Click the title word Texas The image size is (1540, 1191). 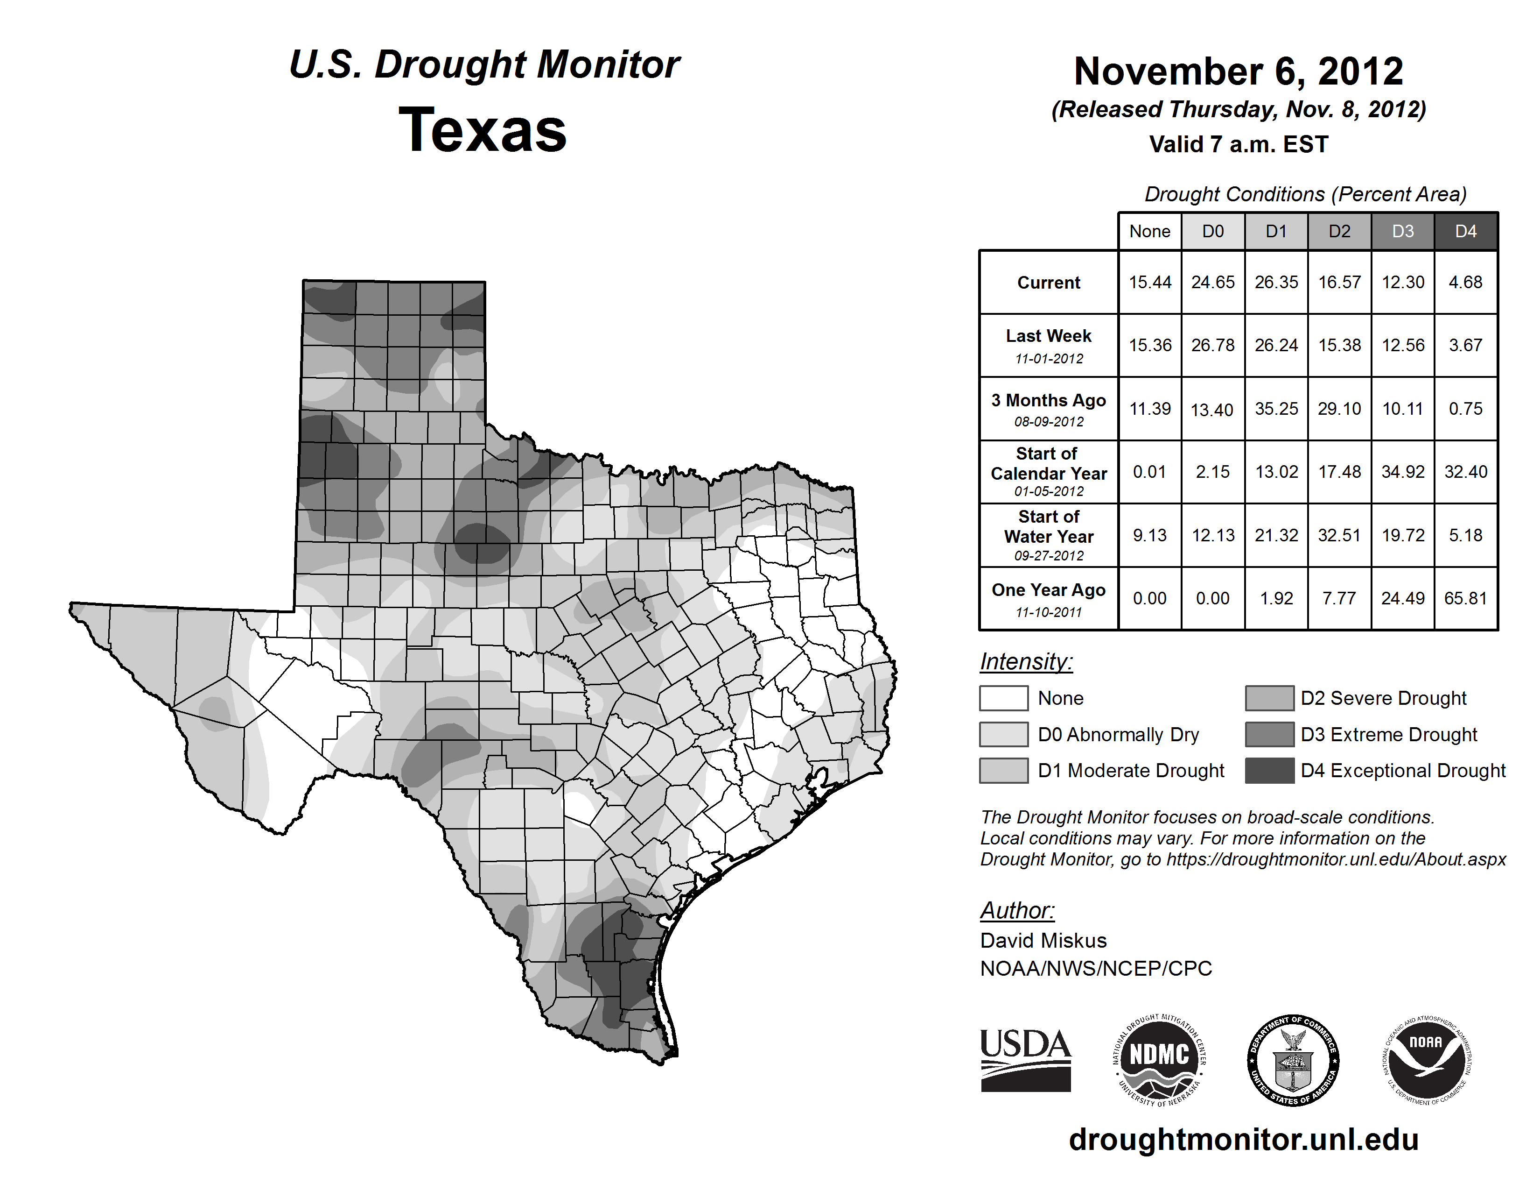[483, 130]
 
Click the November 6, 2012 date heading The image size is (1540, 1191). [1238, 71]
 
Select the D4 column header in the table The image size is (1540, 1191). [1465, 231]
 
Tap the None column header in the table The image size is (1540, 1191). [1149, 231]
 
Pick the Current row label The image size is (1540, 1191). [1049, 282]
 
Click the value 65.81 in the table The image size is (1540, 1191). [1465, 598]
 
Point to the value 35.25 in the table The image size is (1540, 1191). [1275, 409]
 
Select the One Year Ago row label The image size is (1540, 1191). [1049, 590]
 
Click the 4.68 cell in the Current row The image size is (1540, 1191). [1465, 282]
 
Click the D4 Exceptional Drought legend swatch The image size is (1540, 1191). [1269, 771]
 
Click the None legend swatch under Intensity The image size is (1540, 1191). [1003, 698]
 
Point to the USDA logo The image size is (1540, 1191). [1025, 1060]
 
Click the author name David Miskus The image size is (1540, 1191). [1043, 941]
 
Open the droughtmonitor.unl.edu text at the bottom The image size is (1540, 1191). [1244, 1140]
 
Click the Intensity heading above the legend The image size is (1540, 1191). [1026, 662]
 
